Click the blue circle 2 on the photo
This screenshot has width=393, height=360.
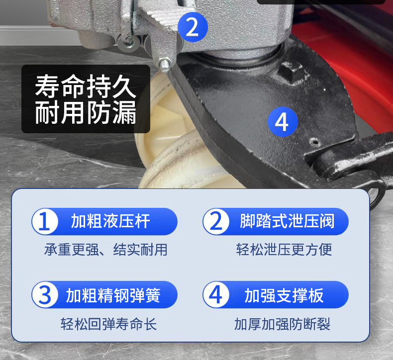coord(193,27)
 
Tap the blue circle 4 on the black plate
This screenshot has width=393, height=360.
coord(283,122)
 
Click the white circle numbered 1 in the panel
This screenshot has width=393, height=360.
coord(45,221)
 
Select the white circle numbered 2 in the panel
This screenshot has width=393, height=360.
coord(216,221)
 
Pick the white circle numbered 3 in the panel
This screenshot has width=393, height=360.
coord(45,295)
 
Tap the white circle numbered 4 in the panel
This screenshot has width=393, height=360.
coord(216,295)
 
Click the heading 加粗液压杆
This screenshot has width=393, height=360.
coord(110,221)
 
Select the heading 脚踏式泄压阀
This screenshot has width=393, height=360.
coord(287,221)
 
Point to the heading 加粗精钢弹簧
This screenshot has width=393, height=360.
coord(113,295)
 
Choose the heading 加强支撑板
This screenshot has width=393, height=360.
coord(284,295)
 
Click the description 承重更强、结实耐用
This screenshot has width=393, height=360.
coord(106,250)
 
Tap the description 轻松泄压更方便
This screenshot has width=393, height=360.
coord(284,250)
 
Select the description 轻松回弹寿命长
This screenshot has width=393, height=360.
coord(108,324)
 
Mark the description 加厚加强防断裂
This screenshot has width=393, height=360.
coord(282,324)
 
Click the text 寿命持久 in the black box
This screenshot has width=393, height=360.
coord(86,86)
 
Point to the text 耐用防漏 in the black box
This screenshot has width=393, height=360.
coord(86,112)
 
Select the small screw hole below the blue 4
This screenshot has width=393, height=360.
coord(315,142)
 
